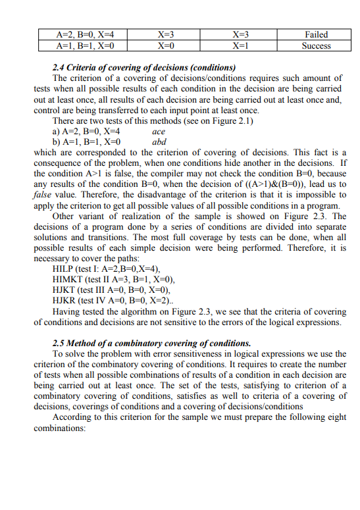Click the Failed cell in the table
tap(316, 34)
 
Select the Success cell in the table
tap(316, 46)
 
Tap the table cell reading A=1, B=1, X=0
tap(86, 46)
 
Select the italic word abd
tap(159, 141)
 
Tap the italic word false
tap(44, 195)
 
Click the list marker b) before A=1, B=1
tap(57, 141)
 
